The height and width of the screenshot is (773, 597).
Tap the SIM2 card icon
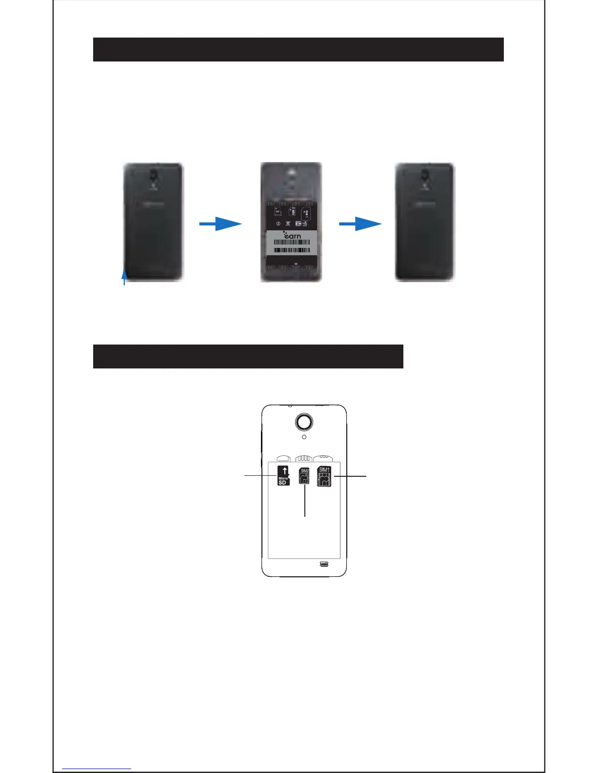click(x=304, y=476)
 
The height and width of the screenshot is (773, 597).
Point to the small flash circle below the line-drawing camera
click(x=304, y=437)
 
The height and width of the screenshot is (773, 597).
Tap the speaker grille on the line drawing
click(x=324, y=565)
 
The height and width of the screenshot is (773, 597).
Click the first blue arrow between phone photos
click(x=220, y=224)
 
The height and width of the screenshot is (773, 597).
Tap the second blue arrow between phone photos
click(x=360, y=224)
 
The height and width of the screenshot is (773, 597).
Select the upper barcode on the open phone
click(x=291, y=242)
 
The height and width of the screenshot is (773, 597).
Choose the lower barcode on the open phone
click(x=291, y=250)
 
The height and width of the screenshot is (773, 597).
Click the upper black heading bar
click(x=298, y=49)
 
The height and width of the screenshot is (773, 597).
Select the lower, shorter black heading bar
click(x=248, y=356)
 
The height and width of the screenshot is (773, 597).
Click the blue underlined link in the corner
click(x=97, y=769)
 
